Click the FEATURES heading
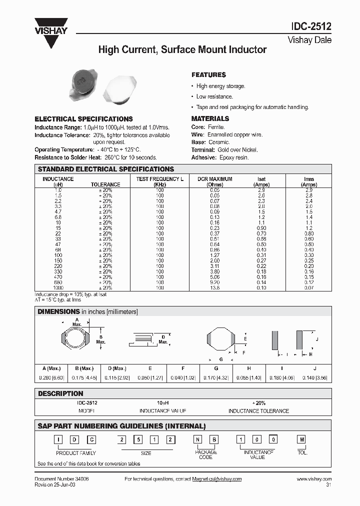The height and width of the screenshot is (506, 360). [x=208, y=75]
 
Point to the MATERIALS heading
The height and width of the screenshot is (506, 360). [x=210, y=118]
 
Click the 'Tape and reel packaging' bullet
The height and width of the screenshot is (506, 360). [x=252, y=107]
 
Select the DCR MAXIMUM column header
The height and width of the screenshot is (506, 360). [x=214, y=179]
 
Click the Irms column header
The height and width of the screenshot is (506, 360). [x=308, y=179]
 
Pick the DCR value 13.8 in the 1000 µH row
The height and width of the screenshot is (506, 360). [x=214, y=288]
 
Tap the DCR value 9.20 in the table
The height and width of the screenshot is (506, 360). [x=214, y=282]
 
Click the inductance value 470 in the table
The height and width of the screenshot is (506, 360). [x=57, y=277]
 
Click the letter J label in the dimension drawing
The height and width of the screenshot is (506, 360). [x=317, y=339]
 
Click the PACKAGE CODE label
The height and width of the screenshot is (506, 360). [x=205, y=454]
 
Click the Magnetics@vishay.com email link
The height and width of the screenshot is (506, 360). [x=217, y=479]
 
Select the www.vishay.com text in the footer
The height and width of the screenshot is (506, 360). [x=314, y=479]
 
